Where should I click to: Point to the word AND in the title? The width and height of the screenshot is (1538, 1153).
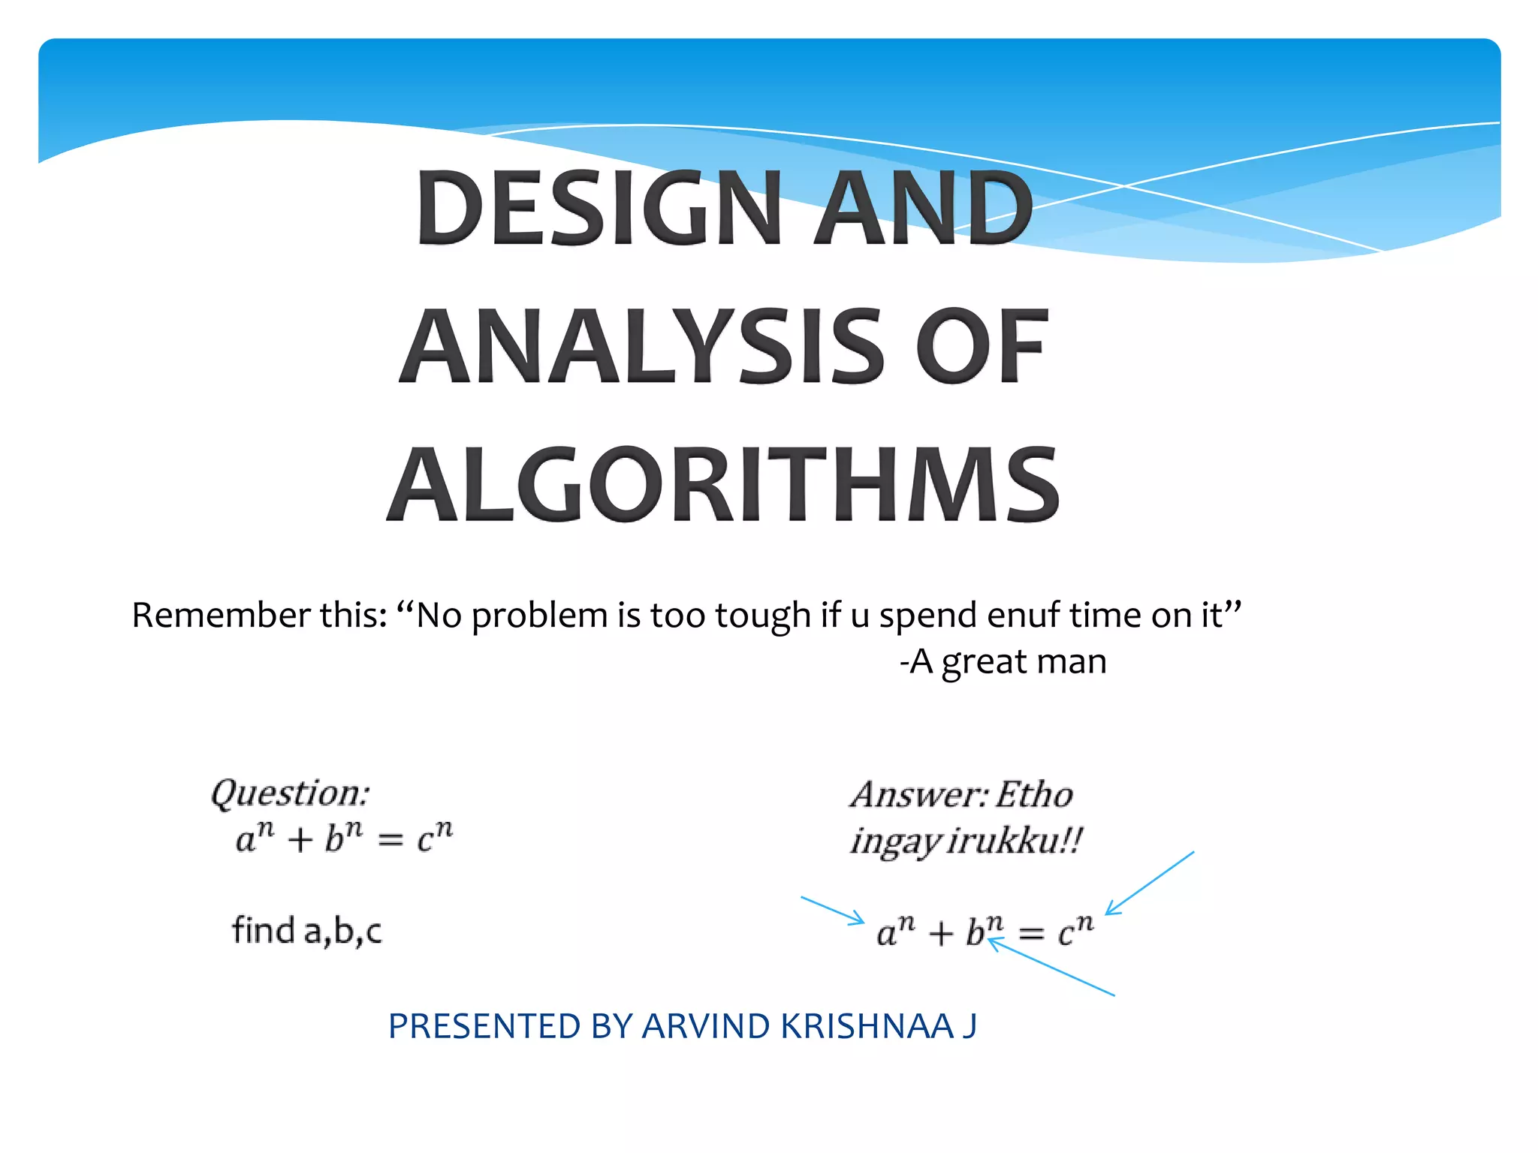pyautogui.click(x=924, y=208)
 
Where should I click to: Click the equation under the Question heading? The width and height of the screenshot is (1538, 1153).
pyautogui.click(x=344, y=838)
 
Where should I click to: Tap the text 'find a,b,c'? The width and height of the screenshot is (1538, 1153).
pyautogui.click(x=306, y=931)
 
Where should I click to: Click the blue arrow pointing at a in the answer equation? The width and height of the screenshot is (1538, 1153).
pyautogui.click(x=833, y=910)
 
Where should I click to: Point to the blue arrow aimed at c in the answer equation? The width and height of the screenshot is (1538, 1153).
pyautogui.click(x=1150, y=883)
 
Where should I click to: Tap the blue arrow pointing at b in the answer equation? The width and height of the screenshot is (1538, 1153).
pyautogui.click(x=1051, y=968)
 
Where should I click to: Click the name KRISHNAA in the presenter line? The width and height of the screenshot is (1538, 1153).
pyautogui.click(x=867, y=1027)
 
